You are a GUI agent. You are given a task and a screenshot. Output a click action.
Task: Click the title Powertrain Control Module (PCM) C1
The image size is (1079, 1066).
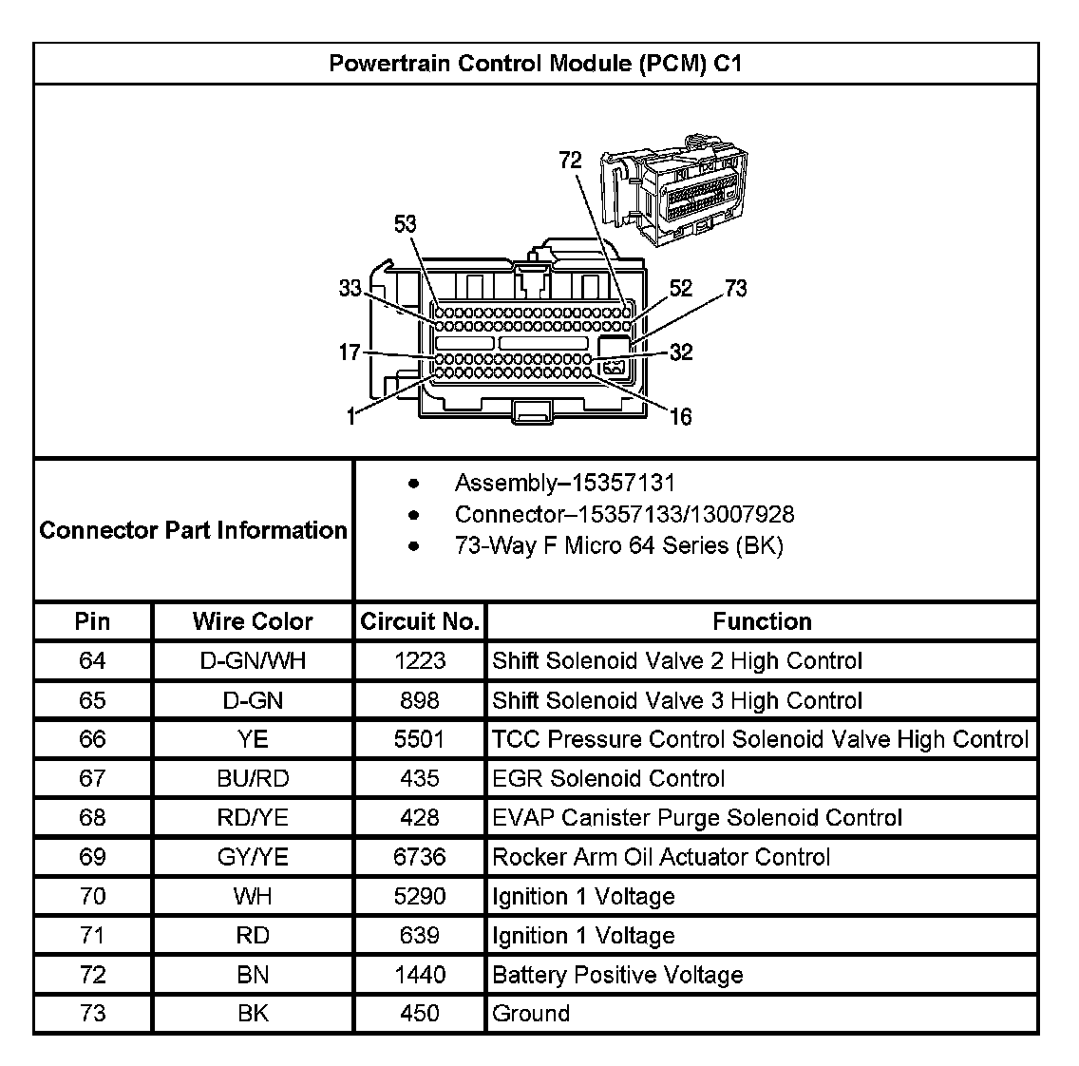tap(535, 64)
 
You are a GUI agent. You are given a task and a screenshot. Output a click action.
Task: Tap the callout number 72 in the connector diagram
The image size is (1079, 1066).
tap(570, 161)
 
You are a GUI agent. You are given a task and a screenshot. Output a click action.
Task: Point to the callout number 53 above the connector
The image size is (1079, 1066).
tap(406, 224)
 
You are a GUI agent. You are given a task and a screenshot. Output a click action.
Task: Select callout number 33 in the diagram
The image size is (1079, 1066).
tap(350, 288)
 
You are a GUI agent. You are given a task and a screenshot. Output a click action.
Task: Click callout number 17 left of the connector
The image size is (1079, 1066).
tap(350, 352)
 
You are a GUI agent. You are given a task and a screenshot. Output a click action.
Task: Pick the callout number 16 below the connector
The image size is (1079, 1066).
tap(680, 416)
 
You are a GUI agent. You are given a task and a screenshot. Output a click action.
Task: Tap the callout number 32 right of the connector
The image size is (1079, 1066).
tap(681, 352)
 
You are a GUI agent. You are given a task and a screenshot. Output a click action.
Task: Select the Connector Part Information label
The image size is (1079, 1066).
tap(193, 530)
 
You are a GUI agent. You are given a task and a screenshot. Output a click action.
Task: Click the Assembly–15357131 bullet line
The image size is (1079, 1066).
tap(564, 483)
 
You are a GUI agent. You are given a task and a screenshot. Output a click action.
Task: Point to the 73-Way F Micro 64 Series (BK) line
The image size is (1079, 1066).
tap(618, 545)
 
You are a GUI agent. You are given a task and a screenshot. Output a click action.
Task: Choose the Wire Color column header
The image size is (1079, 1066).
tap(252, 621)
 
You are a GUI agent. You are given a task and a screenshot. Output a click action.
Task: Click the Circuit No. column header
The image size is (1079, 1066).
tap(419, 621)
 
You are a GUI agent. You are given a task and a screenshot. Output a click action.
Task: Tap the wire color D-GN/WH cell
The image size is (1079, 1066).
tap(252, 660)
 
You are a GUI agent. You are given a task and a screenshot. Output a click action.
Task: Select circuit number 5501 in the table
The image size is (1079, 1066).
tap(419, 739)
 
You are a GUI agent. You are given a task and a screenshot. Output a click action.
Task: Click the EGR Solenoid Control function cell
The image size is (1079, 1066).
tap(608, 779)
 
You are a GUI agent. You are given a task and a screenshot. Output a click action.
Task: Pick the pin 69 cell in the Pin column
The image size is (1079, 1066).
tap(92, 857)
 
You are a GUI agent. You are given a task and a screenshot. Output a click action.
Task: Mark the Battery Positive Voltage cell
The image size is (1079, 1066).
tap(617, 975)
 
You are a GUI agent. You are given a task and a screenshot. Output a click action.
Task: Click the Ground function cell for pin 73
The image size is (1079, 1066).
tap(531, 1014)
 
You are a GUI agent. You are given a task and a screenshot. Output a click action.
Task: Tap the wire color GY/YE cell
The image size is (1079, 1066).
tap(252, 857)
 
